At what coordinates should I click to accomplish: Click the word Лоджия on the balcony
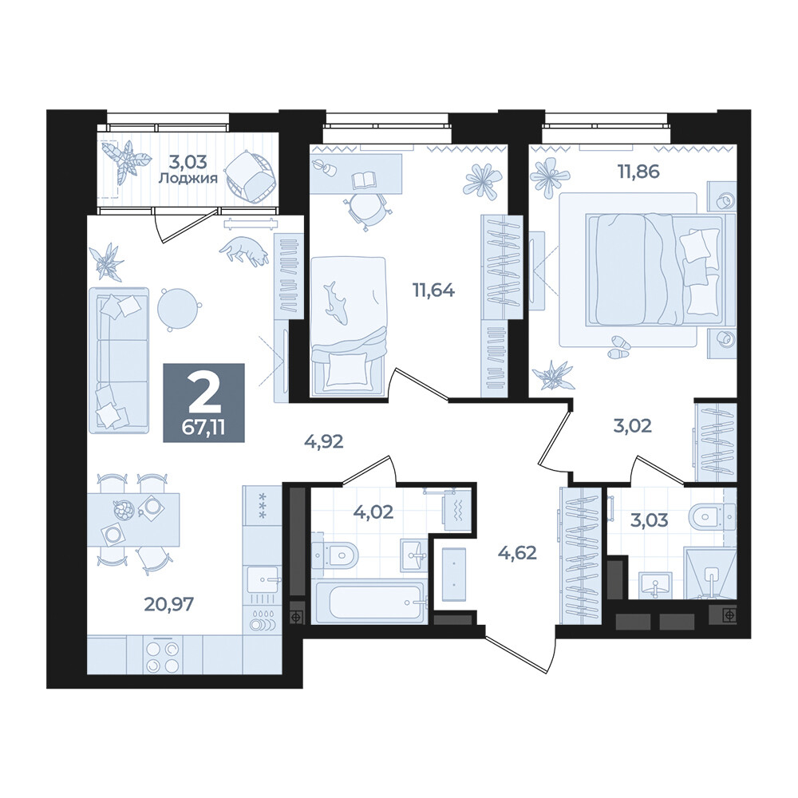[x=188, y=179]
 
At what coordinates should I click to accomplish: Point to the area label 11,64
[x=433, y=290]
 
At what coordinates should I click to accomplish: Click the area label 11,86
[x=638, y=172]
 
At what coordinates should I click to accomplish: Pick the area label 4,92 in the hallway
[x=324, y=441]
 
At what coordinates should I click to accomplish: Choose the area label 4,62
[x=517, y=552]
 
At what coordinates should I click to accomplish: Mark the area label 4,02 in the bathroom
[x=373, y=512]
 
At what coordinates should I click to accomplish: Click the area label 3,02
[x=632, y=425]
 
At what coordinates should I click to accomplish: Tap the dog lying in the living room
[x=244, y=251]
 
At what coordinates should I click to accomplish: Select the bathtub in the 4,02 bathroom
[x=369, y=602]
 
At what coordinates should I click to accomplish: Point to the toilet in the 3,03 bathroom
[x=712, y=518]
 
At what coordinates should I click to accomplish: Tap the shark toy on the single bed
[x=335, y=302]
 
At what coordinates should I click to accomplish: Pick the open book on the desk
[x=363, y=180]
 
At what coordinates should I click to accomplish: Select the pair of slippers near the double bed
[x=618, y=348]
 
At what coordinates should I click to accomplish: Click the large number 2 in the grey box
[x=203, y=394]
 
